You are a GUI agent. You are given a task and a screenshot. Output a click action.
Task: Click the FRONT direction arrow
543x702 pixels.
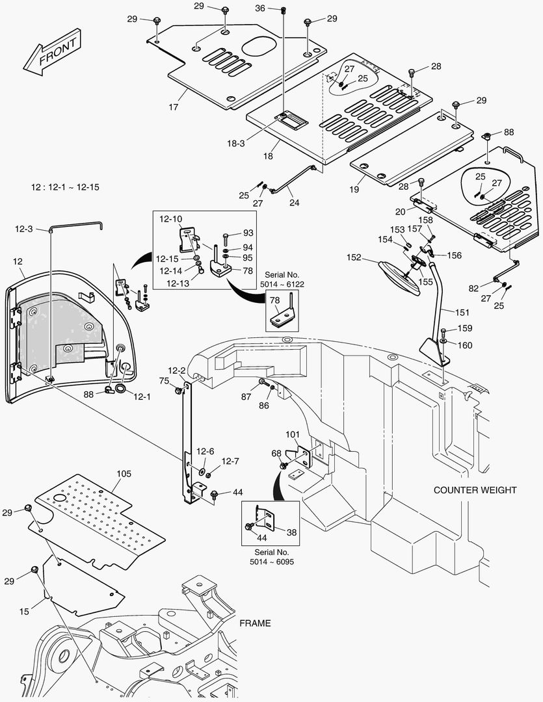[x=52, y=51]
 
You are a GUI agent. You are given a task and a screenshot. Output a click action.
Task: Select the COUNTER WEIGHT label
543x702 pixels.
[x=475, y=490]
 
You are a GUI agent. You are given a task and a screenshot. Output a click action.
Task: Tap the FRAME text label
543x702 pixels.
[x=255, y=623]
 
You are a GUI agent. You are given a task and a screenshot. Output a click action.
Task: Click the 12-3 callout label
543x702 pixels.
[x=23, y=229]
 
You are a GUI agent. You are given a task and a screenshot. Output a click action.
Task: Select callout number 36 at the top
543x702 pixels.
[x=259, y=8]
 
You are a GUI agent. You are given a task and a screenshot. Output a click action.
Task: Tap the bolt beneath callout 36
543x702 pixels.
[x=284, y=10]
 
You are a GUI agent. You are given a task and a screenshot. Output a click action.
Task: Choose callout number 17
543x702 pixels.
[x=174, y=107]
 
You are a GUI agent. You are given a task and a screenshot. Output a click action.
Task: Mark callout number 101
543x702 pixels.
[x=293, y=434]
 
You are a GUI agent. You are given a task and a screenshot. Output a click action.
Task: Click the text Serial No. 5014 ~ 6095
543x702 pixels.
[x=271, y=556]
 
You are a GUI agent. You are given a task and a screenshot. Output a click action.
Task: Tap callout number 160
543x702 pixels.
[x=465, y=345]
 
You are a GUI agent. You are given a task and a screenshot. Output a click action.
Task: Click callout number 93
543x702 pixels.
[x=248, y=233]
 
